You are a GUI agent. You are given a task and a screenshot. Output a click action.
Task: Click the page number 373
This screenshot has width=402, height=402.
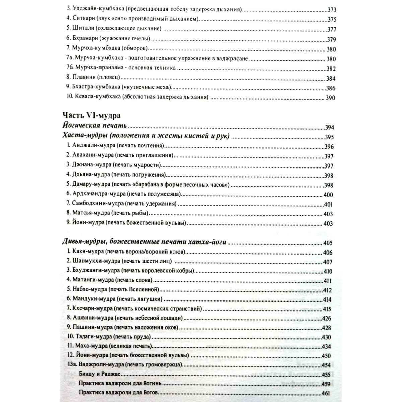pyautogui.click(x=332, y=10)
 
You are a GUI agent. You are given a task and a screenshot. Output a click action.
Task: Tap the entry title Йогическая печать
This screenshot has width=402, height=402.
pyautogui.click(x=95, y=126)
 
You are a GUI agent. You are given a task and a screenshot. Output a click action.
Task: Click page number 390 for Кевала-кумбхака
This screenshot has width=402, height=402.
pyautogui.click(x=330, y=98)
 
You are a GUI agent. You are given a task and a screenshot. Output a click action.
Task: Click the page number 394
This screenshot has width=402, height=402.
pyautogui.click(x=330, y=127)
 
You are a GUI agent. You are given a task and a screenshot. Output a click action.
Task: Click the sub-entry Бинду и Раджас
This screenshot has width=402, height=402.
pyautogui.click(x=99, y=374)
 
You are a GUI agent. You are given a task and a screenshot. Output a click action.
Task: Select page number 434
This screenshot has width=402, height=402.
pyautogui.click(x=326, y=347)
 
